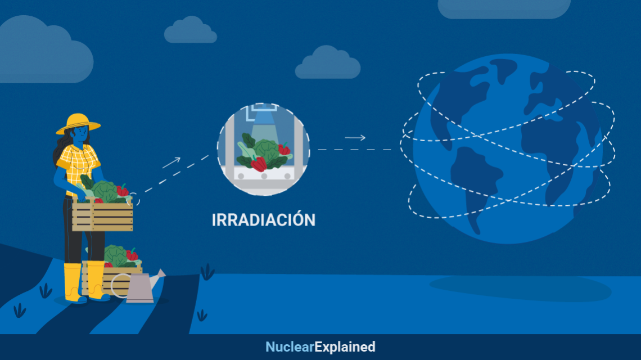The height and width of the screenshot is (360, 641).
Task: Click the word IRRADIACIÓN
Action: click(264, 220)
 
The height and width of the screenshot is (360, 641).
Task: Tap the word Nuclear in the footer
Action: click(290, 347)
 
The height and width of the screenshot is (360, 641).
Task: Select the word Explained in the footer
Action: click(345, 347)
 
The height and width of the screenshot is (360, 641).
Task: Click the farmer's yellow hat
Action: click(78, 124)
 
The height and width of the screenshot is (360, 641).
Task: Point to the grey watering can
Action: click(139, 286)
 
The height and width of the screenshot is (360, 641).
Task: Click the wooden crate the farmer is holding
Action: click(102, 215)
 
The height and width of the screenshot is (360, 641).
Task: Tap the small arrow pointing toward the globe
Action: click(355, 138)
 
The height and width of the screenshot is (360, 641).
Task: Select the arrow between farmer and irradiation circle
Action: click(171, 163)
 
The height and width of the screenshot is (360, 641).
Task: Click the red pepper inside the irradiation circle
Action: click(259, 164)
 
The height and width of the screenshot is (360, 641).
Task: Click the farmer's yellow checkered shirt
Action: click(78, 166)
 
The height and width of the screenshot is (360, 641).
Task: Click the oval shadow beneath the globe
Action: click(520, 288)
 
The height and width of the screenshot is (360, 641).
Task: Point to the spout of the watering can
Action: click(157, 277)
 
